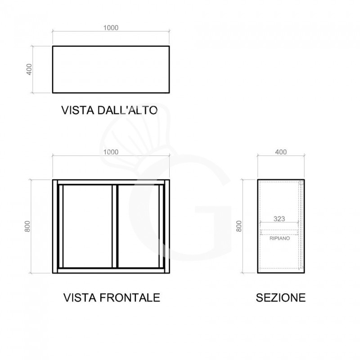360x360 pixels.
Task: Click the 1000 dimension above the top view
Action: pyautogui.click(x=111, y=28)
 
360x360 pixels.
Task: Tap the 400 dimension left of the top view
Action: pyautogui.click(x=29, y=69)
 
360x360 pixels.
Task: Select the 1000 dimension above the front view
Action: pyautogui.click(x=111, y=152)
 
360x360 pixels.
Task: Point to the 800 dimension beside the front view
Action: pyautogui.click(x=27, y=226)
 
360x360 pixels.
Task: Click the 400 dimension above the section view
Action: pyautogui.click(x=281, y=152)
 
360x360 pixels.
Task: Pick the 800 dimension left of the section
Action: pyautogui.click(x=239, y=226)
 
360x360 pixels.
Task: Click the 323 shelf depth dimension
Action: pyautogui.click(x=279, y=219)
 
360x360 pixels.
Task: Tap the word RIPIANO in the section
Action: pyautogui.click(x=279, y=238)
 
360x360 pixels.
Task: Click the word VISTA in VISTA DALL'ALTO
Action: pyautogui.click(x=78, y=110)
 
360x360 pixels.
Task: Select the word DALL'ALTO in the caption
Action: pyautogui.click(x=127, y=110)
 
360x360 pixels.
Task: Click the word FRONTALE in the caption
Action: pyautogui.click(x=130, y=297)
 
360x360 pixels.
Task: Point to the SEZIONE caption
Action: pyautogui.click(x=280, y=297)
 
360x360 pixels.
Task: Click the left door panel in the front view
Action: pyautogui.click(x=87, y=226)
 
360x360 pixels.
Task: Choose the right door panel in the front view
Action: pyautogui.click(x=139, y=226)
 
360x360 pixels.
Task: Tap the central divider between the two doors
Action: pyautogui.click(x=115, y=226)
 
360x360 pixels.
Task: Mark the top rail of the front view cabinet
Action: pyautogui.click(x=111, y=182)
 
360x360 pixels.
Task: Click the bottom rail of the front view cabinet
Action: pyautogui.click(x=111, y=271)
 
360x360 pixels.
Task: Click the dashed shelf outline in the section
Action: pyautogui.click(x=279, y=232)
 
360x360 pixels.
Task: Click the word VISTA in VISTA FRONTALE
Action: pyautogui.click(x=80, y=297)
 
